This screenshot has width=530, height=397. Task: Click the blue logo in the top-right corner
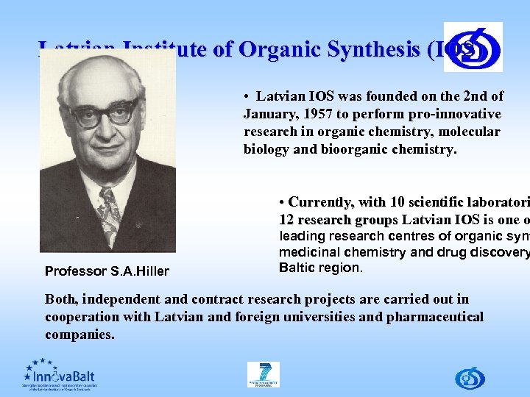[473, 46]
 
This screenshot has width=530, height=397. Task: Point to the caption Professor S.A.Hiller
[107, 271]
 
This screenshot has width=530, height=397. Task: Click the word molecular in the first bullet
[467, 132]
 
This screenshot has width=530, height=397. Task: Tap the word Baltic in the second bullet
[298, 268]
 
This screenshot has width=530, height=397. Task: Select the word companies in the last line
[79, 335]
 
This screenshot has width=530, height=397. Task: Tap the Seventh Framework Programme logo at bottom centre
[264, 375]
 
